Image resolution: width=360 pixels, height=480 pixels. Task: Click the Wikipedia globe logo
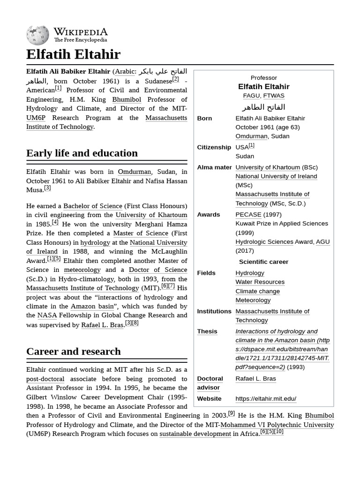(x=37, y=36)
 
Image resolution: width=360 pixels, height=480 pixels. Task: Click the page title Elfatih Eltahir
(x=73, y=54)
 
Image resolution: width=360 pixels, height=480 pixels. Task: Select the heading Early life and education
(x=82, y=153)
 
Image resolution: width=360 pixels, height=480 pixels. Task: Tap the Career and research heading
(x=73, y=352)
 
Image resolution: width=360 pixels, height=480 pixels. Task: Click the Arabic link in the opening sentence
(x=125, y=72)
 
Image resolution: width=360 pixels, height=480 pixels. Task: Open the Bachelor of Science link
(x=92, y=206)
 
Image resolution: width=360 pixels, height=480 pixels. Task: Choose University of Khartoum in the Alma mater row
(x=268, y=167)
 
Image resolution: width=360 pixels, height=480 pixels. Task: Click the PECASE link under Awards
(x=248, y=215)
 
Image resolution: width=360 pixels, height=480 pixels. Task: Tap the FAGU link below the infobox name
(x=251, y=96)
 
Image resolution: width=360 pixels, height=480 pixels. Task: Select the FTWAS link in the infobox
(x=274, y=96)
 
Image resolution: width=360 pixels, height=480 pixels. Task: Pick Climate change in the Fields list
(x=257, y=291)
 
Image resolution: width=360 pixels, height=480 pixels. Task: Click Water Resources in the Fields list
(x=260, y=282)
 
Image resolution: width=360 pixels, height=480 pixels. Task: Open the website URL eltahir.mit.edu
(x=266, y=399)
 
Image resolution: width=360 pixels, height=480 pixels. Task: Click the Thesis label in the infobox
(x=207, y=331)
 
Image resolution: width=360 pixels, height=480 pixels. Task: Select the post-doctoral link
(x=45, y=379)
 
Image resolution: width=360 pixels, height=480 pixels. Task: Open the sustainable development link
(x=195, y=434)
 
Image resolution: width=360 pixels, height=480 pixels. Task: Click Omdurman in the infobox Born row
(x=251, y=136)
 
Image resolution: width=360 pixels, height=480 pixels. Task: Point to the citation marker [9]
(x=232, y=413)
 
